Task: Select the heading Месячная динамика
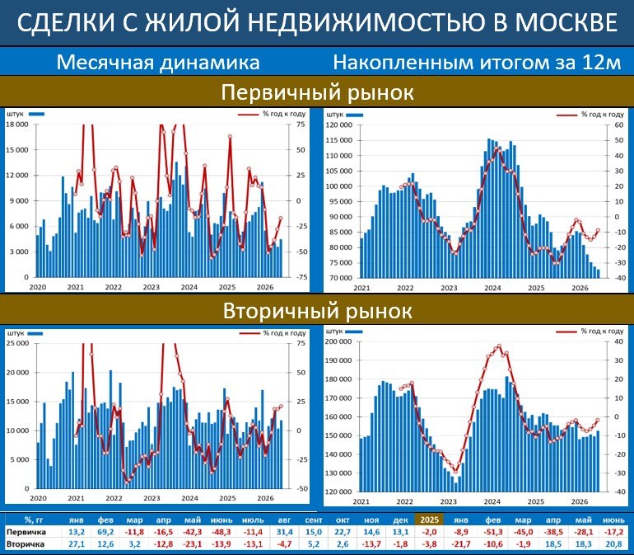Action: (x=158, y=63)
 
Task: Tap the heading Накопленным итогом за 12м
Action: (x=477, y=63)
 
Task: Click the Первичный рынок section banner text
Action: (x=317, y=92)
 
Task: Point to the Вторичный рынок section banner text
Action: (x=317, y=311)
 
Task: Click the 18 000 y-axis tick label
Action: (x=17, y=125)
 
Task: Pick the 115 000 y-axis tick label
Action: (x=339, y=140)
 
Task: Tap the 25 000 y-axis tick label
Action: (x=17, y=344)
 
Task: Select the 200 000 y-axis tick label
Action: (x=338, y=341)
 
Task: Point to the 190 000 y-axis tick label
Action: (x=338, y=360)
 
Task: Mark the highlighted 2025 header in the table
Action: (x=430, y=520)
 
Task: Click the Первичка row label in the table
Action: (x=26, y=532)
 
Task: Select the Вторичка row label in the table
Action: (x=25, y=544)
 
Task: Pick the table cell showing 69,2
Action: (x=105, y=532)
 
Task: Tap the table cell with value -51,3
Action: (x=492, y=532)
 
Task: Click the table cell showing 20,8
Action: (x=613, y=544)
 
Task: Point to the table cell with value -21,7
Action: (x=461, y=544)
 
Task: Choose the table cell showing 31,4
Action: (x=285, y=532)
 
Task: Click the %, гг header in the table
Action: (x=34, y=520)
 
